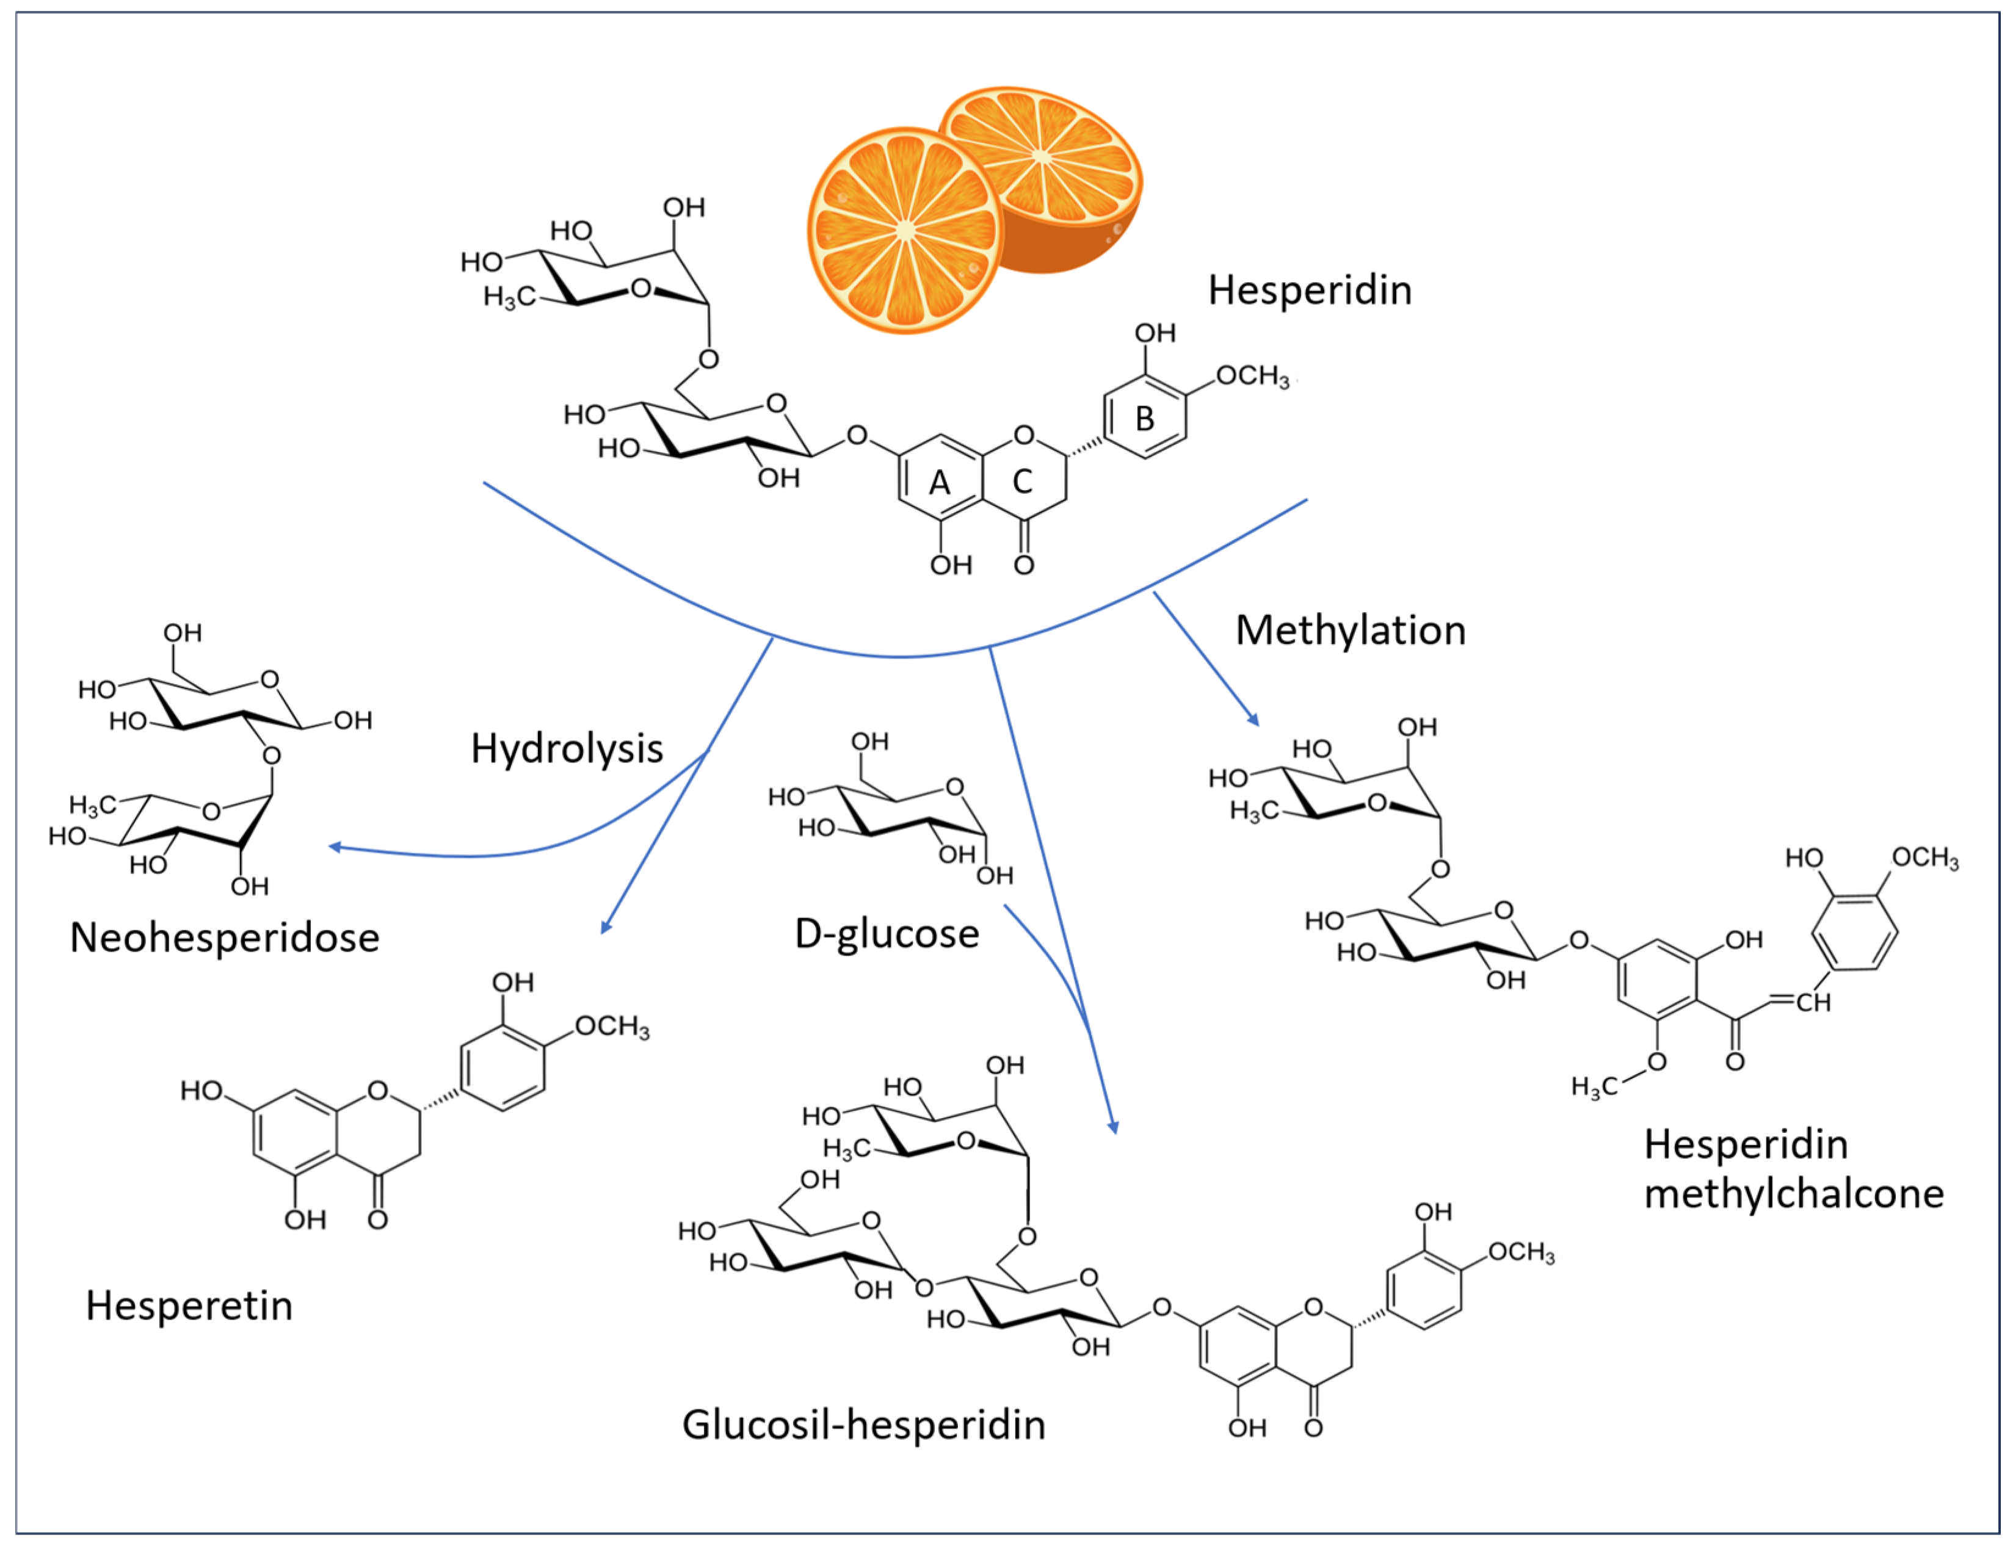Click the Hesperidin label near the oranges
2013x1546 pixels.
tap(1309, 291)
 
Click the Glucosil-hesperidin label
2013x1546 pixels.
tap(863, 1425)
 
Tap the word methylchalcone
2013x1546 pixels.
tap(1794, 1194)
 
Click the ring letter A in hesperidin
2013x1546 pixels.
tap(939, 482)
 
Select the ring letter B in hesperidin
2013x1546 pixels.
tap(1144, 419)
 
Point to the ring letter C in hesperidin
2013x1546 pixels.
tap(1021, 482)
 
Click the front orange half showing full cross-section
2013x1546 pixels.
tap(905, 231)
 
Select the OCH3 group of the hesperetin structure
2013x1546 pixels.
tap(612, 1027)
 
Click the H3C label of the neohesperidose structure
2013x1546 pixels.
tap(92, 806)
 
